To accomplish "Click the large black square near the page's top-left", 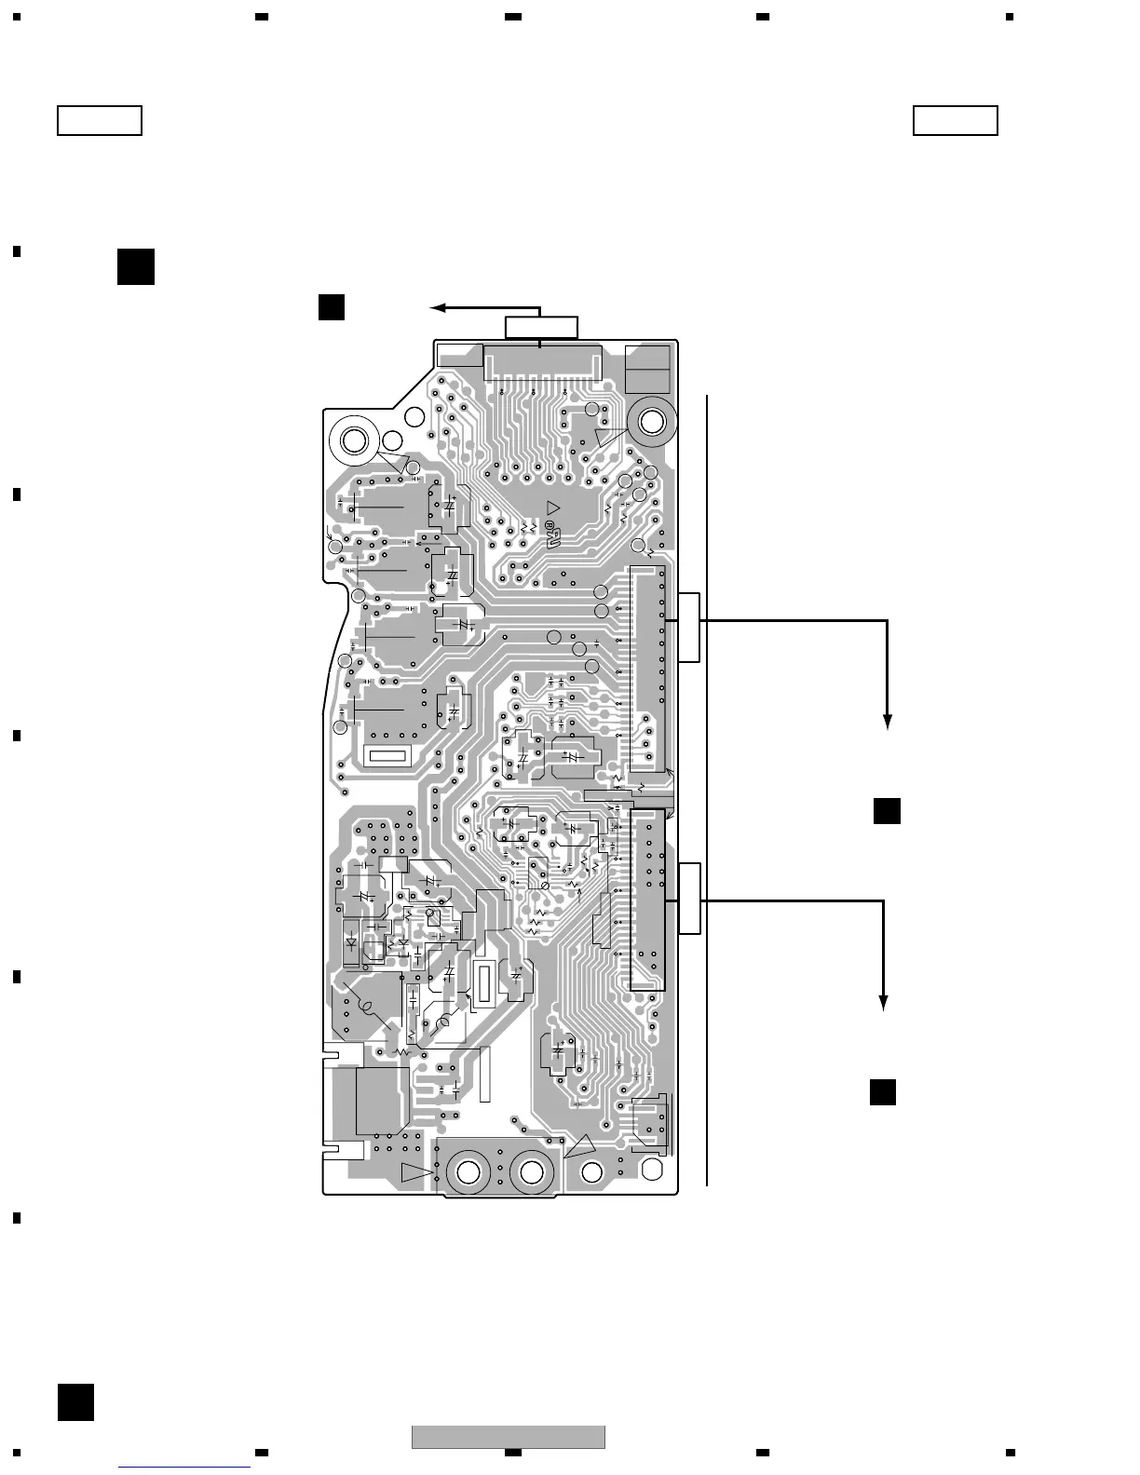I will (136, 266).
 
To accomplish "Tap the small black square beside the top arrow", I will (332, 307).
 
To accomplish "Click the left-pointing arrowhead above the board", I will (437, 307).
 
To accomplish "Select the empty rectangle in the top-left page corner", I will (100, 121).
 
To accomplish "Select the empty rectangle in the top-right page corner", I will (956, 121).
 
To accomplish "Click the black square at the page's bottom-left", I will (75, 1401).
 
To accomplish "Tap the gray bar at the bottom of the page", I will (509, 1437).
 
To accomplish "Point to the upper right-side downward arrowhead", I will (888, 721).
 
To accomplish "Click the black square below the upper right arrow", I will (887, 811).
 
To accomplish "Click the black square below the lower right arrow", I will (883, 1091).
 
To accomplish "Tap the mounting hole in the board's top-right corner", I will (651, 422).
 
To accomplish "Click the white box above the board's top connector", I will (541, 328).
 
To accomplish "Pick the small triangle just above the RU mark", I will (554, 507).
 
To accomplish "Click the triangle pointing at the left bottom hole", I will (416, 1171).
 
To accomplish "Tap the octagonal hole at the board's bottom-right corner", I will (591, 1172).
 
